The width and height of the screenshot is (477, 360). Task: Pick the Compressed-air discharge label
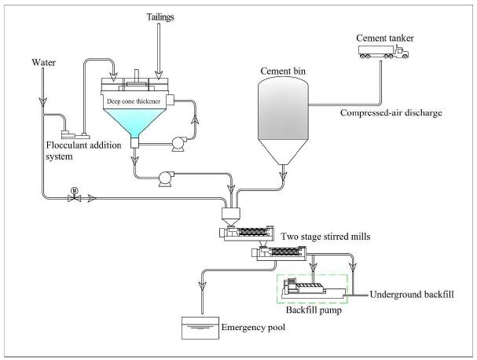(x=391, y=113)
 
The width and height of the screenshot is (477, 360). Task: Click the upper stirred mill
(x=248, y=233)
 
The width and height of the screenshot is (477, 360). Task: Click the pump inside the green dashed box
(x=312, y=287)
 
